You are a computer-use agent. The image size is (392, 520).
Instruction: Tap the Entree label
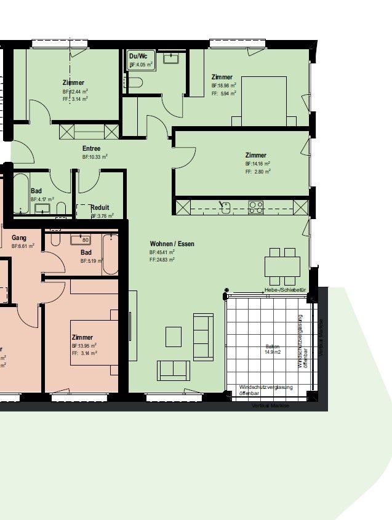point(92,149)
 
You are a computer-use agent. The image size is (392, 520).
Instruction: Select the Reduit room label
point(100,208)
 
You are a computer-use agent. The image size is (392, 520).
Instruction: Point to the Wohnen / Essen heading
point(172,244)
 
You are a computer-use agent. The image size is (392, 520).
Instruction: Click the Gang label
point(18,238)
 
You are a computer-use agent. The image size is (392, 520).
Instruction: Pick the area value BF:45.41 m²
point(162,252)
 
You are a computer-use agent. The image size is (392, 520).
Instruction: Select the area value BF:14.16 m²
point(257,164)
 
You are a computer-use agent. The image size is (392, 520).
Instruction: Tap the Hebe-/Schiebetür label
point(285,290)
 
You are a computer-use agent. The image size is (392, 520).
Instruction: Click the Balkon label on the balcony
point(272,346)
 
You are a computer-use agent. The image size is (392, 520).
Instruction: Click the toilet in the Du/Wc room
point(134,83)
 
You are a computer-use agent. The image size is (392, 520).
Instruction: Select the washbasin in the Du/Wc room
point(170,59)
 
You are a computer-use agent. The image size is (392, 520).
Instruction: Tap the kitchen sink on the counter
point(226,207)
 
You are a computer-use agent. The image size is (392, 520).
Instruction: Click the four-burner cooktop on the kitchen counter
point(255,207)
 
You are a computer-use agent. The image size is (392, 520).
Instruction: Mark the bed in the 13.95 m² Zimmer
point(92,342)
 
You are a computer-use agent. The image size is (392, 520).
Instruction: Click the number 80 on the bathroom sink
point(86,240)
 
